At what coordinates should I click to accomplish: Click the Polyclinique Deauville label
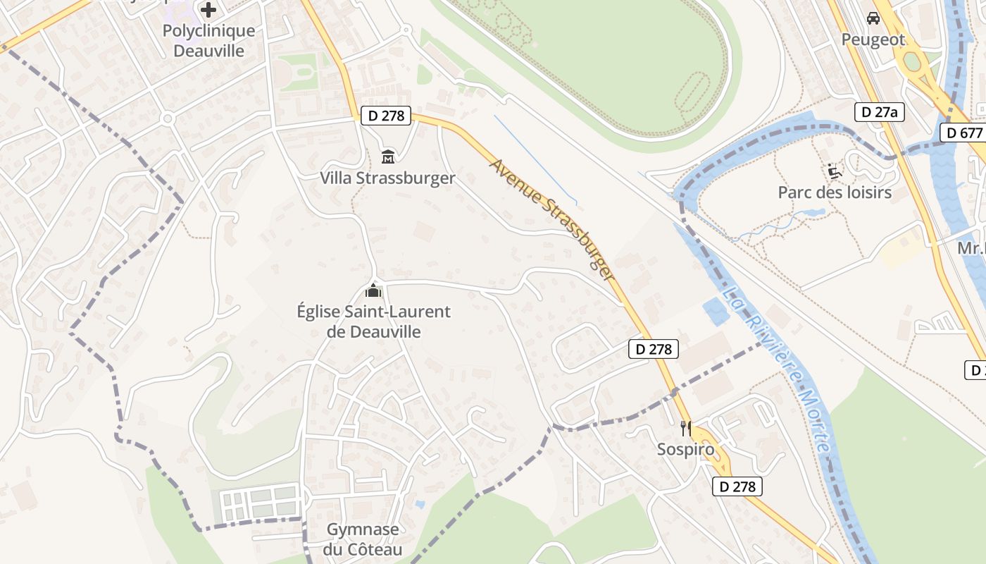click(208, 41)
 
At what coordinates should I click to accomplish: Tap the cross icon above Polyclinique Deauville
click(208, 10)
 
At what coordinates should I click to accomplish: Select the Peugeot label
click(873, 39)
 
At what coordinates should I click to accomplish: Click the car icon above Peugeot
click(873, 18)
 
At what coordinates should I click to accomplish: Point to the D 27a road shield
click(880, 112)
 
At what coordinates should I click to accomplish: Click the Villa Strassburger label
click(387, 178)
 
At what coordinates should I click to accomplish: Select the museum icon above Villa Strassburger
click(387, 157)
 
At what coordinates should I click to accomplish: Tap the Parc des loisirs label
click(835, 192)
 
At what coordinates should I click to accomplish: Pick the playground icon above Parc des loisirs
click(835, 171)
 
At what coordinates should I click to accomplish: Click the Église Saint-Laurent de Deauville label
click(374, 321)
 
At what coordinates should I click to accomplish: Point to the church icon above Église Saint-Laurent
click(373, 290)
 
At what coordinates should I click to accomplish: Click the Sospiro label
click(685, 449)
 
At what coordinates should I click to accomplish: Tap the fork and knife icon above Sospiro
click(685, 428)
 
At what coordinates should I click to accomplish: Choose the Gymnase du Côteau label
click(363, 539)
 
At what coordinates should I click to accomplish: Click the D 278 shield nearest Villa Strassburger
click(386, 116)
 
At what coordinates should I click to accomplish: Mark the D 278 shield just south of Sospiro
click(737, 486)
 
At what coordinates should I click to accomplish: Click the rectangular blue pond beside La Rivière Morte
click(716, 312)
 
